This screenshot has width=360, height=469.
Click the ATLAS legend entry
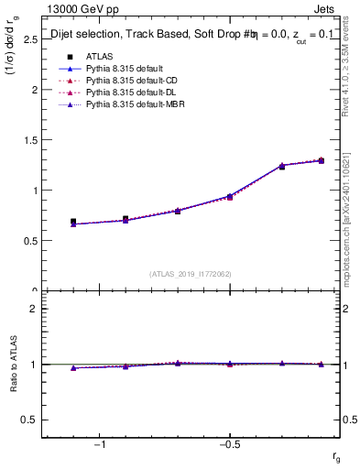[99, 56]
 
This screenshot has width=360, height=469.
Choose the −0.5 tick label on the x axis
[227, 444]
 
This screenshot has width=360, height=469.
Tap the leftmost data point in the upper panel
[73, 222]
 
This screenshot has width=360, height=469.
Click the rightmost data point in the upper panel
[321, 161]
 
